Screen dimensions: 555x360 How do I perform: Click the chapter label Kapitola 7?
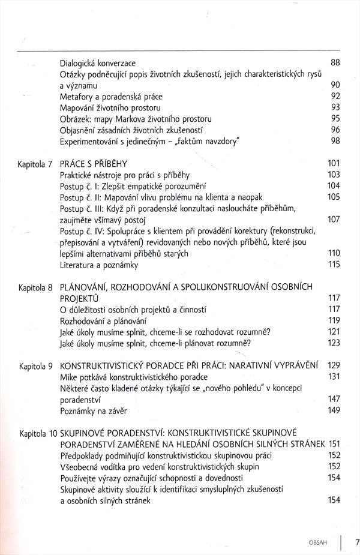(36, 164)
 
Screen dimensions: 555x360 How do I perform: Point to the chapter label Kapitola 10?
(38, 433)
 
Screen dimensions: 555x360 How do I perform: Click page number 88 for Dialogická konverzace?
(335, 62)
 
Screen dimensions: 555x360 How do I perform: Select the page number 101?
(334, 164)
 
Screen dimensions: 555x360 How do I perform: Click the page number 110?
(334, 254)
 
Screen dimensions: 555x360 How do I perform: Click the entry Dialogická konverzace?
(98, 62)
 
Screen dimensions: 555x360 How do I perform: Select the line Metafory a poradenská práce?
(111, 96)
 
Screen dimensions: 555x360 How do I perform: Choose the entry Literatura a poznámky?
(99, 265)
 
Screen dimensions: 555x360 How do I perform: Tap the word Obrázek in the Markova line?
(75, 119)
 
